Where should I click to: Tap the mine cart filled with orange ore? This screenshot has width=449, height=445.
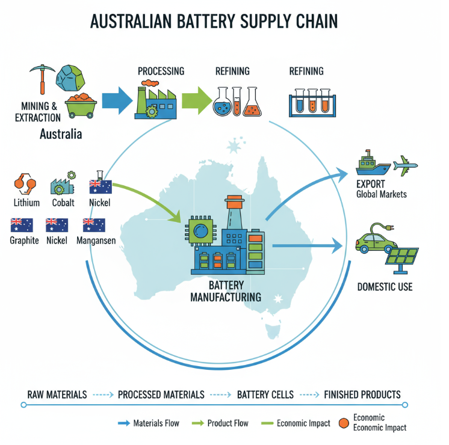[81, 105]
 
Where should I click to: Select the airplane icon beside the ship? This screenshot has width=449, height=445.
[405, 164]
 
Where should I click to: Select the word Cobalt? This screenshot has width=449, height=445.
[63, 203]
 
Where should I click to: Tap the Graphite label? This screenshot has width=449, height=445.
[24, 241]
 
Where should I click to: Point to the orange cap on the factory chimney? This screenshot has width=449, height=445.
[235, 198]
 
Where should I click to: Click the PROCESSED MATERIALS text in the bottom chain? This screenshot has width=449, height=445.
[161, 395]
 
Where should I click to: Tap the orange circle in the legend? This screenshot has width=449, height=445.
[344, 423]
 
